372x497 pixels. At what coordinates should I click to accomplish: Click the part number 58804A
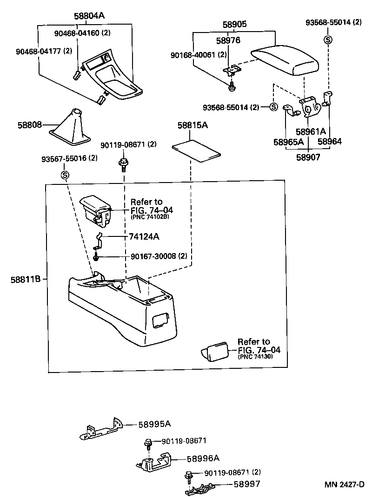click(x=89, y=16)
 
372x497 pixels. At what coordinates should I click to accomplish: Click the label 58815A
click(x=192, y=125)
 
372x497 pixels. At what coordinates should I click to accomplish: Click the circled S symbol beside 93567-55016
click(x=65, y=175)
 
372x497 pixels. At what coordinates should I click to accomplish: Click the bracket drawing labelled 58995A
click(x=100, y=430)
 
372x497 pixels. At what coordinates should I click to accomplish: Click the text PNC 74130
click(x=255, y=357)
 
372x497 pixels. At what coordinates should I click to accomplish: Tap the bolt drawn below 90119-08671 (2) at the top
click(x=123, y=163)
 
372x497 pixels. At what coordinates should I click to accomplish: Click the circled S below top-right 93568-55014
click(x=328, y=39)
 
